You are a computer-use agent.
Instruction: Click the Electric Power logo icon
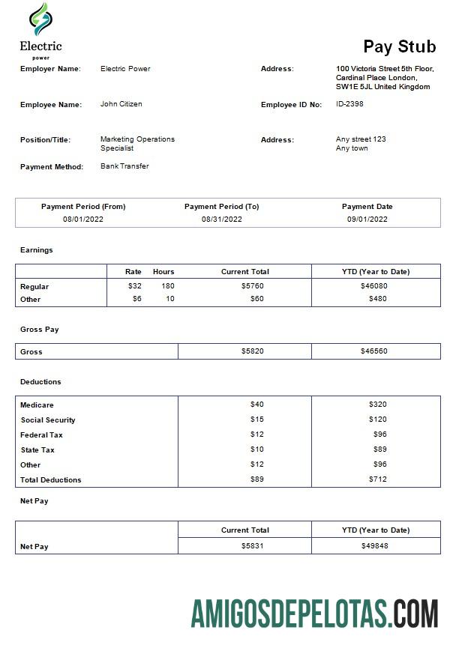tap(40, 19)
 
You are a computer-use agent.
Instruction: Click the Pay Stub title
tap(399, 46)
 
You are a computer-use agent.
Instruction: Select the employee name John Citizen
tap(121, 104)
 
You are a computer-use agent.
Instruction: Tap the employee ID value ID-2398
tap(349, 104)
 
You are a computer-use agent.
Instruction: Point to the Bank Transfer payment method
tap(124, 166)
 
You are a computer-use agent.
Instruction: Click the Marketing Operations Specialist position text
tap(136, 144)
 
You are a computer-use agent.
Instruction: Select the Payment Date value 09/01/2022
tap(367, 219)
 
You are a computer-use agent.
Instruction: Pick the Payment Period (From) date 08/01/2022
tap(83, 219)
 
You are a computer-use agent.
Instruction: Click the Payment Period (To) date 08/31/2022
tap(221, 219)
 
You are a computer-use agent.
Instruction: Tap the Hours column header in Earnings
tap(163, 271)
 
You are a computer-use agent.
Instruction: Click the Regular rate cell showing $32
tap(134, 286)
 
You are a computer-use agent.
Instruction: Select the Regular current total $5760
tap(252, 286)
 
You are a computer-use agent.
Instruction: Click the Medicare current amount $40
tap(256, 405)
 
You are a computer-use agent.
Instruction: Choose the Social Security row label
tap(48, 420)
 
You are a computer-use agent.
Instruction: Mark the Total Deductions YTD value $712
tap(377, 479)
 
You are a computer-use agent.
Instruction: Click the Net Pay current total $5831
tap(252, 546)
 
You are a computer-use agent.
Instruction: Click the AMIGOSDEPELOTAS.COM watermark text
tap(314, 613)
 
